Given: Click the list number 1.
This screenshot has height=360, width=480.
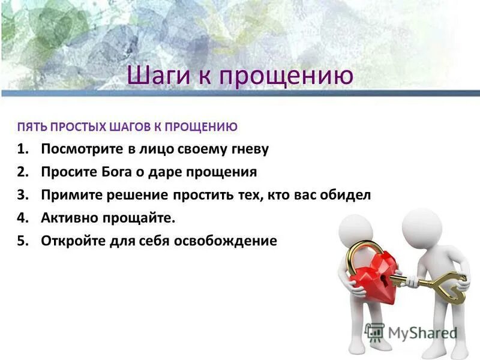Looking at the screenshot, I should point(22,149).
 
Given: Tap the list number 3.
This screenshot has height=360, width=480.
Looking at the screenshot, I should point(22,195).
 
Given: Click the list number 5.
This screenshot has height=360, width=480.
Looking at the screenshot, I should point(22,241).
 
